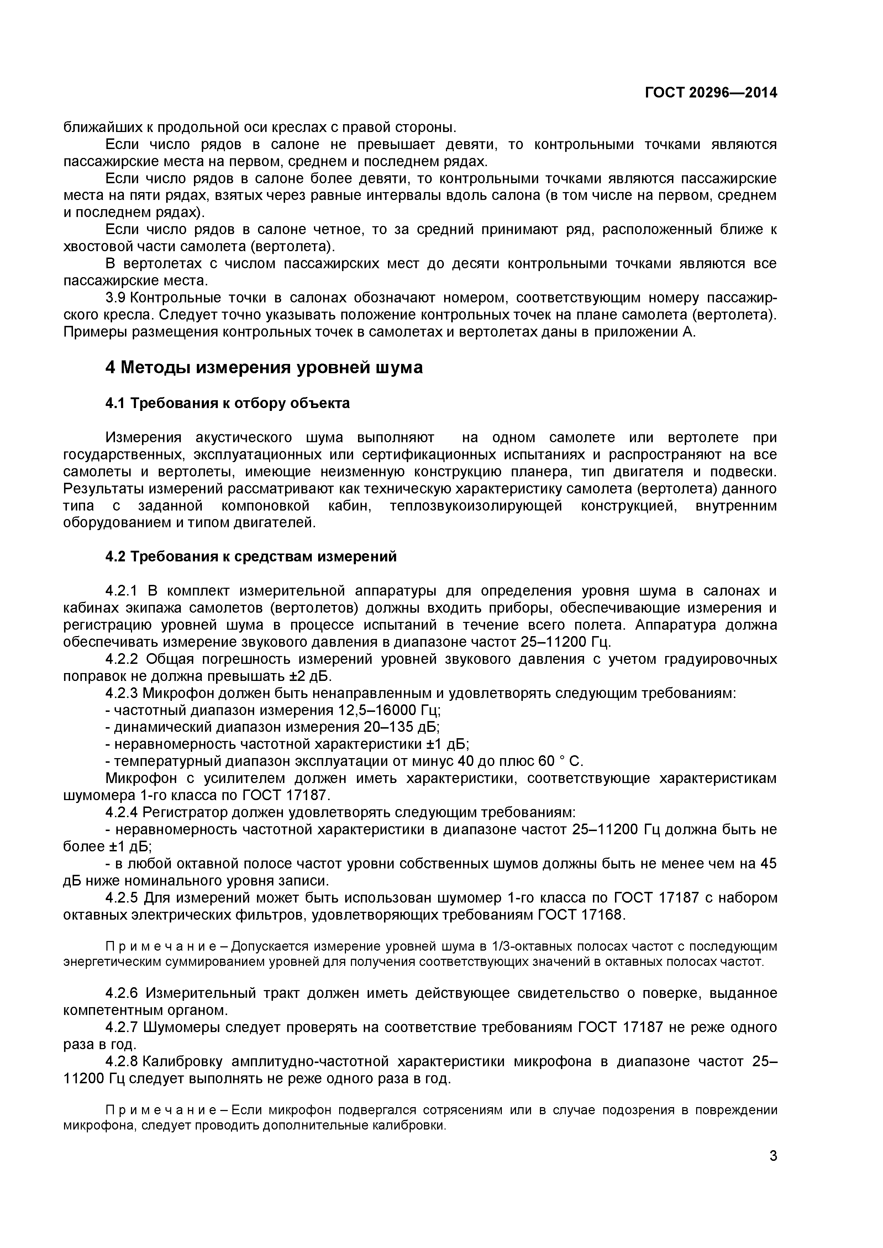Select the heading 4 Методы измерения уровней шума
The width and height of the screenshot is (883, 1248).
(x=264, y=368)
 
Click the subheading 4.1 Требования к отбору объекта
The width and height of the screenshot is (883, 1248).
(x=227, y=403)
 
